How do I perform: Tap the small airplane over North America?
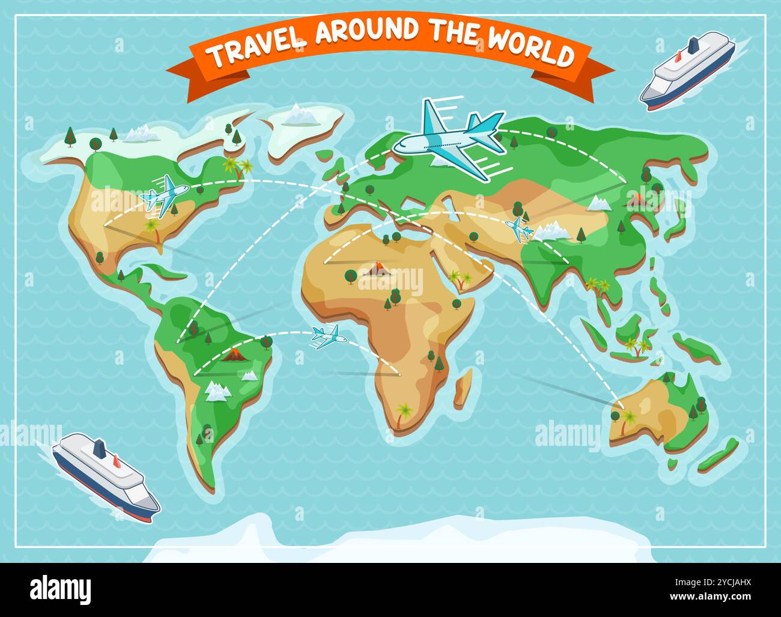(163, 193)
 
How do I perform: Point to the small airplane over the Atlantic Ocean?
(327, 336)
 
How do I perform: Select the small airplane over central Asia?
(519, 229)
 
